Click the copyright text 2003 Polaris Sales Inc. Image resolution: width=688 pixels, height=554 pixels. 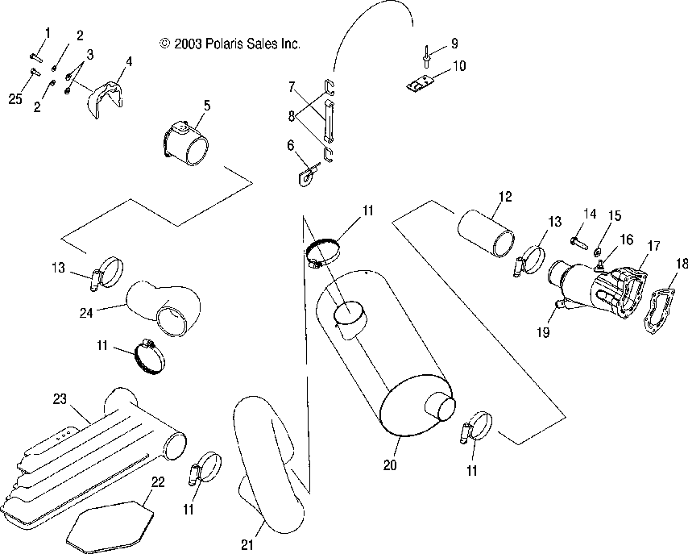coord(230,44)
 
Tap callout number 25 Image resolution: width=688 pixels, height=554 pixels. coord(15,99)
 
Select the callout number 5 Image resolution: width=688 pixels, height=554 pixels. coord(207,105)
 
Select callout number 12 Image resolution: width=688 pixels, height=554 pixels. coord(504,195)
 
